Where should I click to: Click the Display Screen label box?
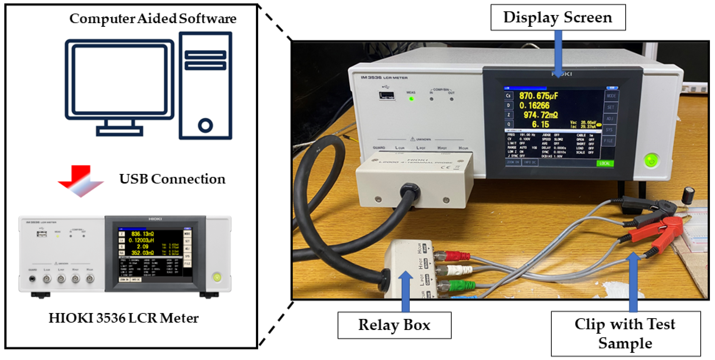pos(558,17)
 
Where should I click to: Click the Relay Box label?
pos(394,325)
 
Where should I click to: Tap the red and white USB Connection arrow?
pos(80,180)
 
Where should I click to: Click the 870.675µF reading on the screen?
pos(539,96)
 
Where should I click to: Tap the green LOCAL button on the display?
pos(605,163)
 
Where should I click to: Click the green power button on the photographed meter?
pos(651,161)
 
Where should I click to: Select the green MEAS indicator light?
pos(411,99)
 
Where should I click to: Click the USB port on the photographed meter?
pos(387,95)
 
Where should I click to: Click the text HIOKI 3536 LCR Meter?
pos(124,318)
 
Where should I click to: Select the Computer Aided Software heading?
pos(153,19)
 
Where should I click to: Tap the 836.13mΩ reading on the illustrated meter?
pos(142,234)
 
